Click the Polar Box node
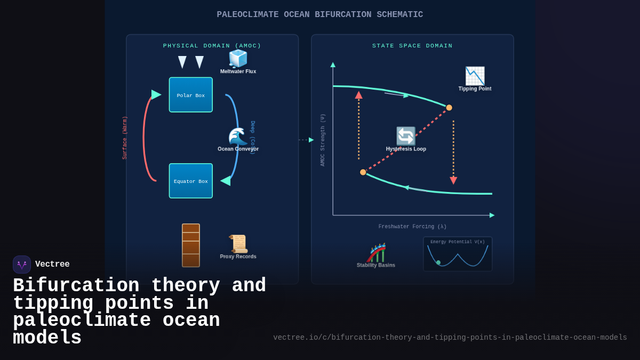coord(190,95)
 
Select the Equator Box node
coord(190,181)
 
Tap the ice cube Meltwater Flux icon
coord(238,59)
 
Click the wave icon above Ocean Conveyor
coord(238,137)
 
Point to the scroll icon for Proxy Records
coord(238,244)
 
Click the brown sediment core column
coord(190,245)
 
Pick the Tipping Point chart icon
coord(475,76)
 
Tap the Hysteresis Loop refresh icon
coord(406,136)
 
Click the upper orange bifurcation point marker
coord(449,108)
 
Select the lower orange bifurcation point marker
coord(363,172)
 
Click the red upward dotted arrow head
coord(358,95)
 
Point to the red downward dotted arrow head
coord(453,181)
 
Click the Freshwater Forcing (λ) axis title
coord(412,227)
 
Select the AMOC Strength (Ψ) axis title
coord(323,140)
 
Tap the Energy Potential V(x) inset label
coord(458,242)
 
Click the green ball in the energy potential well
coord(438,262)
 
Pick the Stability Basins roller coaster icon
coord(377,253)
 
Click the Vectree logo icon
coord(22,265)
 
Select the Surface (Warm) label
coord(125,138)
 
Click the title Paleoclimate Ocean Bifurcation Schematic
coord(319,14)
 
